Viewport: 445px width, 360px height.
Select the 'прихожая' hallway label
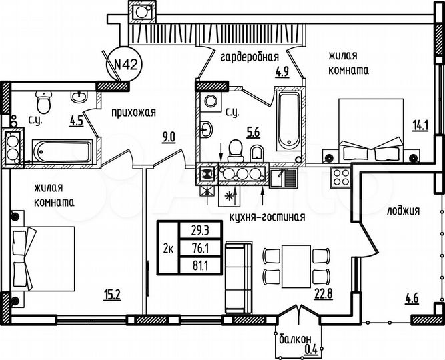point(134,112)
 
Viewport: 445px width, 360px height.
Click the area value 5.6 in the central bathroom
point(252,132)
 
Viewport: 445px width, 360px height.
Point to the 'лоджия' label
point(402,211)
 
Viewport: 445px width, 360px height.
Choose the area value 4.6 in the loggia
point(411,299)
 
